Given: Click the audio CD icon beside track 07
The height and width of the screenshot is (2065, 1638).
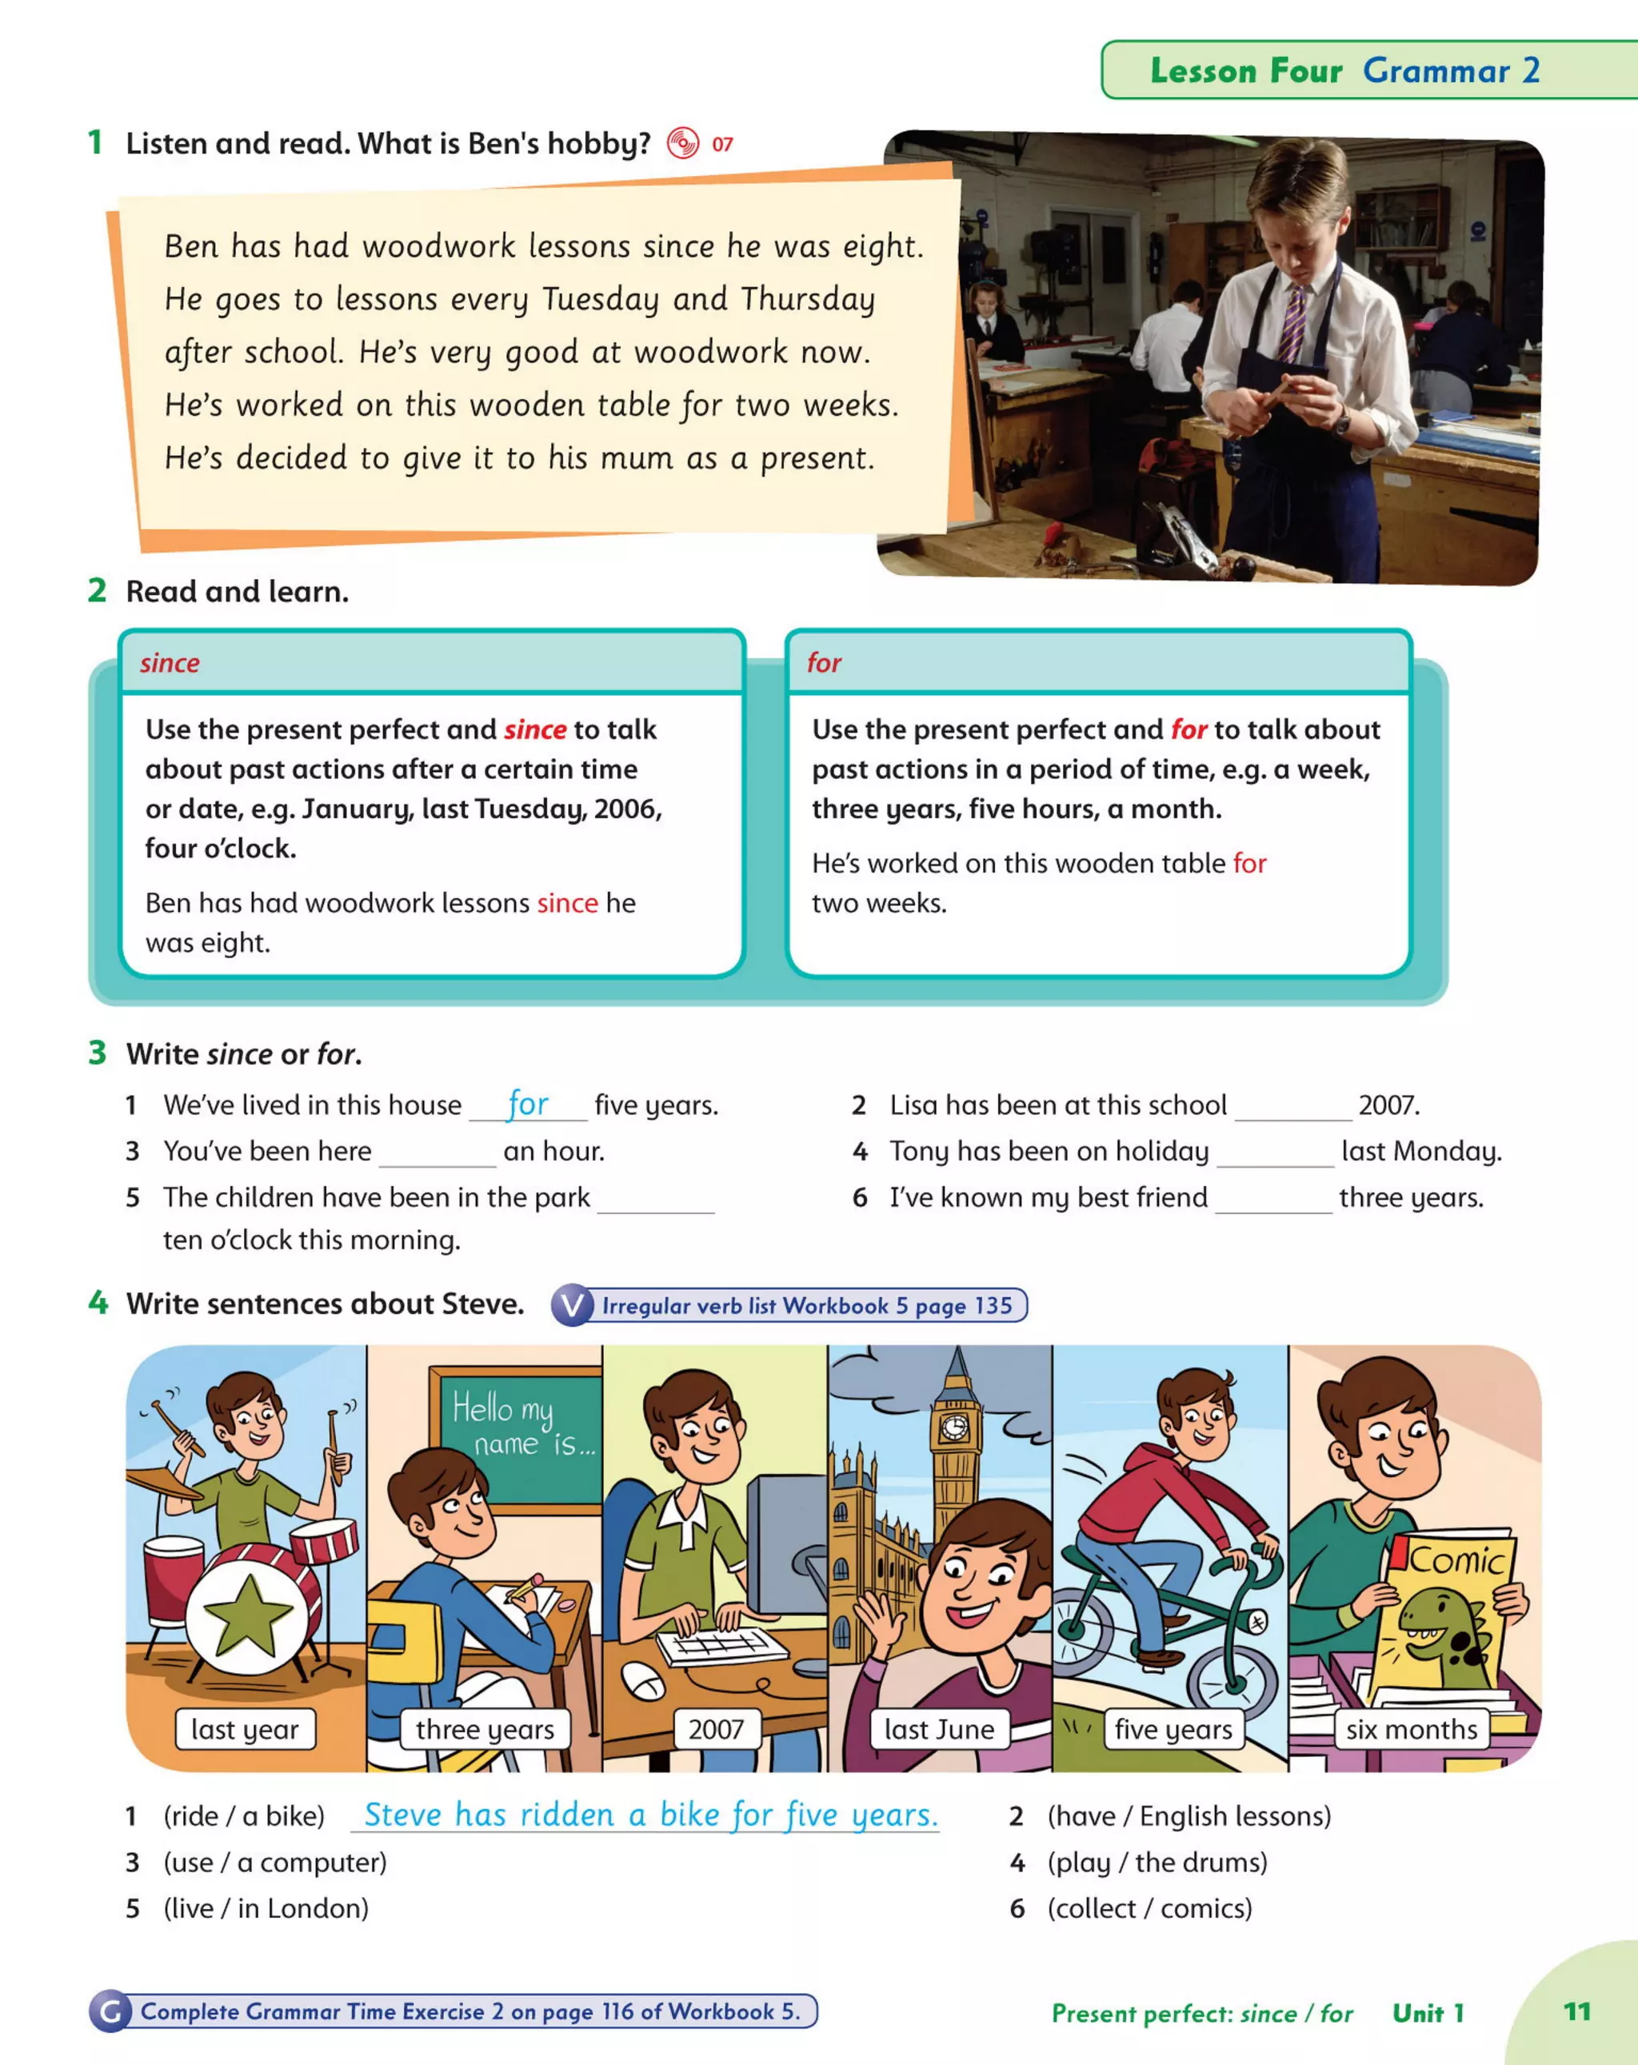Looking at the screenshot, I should (683, 144).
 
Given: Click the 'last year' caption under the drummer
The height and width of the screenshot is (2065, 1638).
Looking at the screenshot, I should (246, 1729).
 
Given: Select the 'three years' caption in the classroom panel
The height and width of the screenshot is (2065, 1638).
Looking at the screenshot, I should (485, 1729).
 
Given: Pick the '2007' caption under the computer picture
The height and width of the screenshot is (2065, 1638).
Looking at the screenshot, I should (716, 1729).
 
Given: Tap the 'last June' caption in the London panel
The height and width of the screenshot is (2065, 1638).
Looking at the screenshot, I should (939, 1729).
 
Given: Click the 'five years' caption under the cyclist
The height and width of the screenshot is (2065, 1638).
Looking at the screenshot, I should (1173, 1729).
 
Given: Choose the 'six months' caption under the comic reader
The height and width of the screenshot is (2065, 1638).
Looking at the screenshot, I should (1411, 1729).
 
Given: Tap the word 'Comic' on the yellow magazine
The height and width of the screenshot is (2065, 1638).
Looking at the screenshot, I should (1456, 1560).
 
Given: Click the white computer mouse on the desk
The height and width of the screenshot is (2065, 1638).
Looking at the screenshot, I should (643, 1679).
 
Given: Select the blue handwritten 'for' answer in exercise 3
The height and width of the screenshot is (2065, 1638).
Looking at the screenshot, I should (528, 1104).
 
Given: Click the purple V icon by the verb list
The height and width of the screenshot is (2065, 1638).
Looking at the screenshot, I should (573, 1305).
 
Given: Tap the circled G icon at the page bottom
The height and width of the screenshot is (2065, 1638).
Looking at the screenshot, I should (110, 2011).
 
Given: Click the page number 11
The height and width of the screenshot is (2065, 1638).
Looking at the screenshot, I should (1576, 2011).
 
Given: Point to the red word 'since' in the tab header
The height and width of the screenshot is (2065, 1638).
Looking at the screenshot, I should (170, 663).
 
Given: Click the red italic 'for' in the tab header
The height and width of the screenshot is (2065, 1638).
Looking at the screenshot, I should (824, 663).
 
